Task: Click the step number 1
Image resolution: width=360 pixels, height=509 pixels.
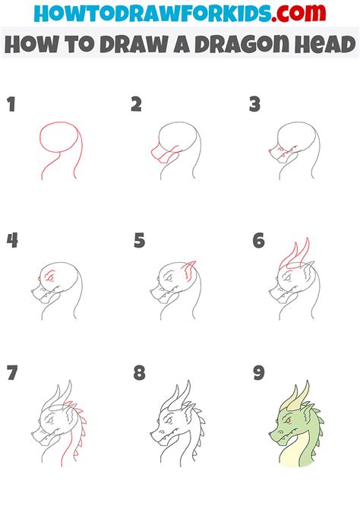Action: (11, 105)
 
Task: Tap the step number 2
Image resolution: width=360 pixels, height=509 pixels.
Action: (136, 105)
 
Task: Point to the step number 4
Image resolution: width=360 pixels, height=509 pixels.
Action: (12, 241)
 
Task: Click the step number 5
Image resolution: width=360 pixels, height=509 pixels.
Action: (139, 241)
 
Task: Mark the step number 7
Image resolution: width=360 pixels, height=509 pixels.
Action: (12, 375)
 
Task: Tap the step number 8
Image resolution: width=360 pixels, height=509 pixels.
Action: (139, 375)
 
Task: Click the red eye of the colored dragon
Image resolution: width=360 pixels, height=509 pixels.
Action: (289, 419)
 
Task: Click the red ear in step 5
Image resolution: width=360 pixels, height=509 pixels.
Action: (189, 268)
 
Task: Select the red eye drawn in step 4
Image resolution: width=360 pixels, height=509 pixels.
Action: (49, 278)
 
